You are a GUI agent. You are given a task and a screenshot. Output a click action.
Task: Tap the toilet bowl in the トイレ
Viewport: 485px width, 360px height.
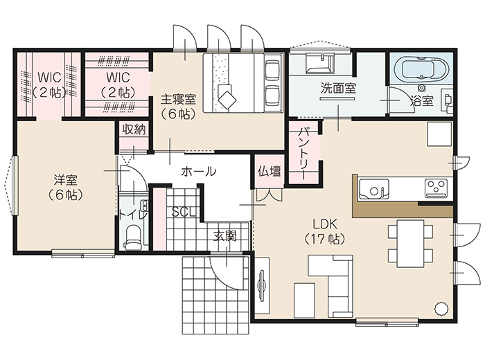pos(133,237)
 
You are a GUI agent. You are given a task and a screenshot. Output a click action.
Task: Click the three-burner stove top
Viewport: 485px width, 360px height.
pos(436,188)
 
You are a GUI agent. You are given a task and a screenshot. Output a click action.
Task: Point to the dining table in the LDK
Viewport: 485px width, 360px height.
pos(410,243)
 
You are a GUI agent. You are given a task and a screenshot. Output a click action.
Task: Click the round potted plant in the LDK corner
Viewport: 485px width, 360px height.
pos(441,308)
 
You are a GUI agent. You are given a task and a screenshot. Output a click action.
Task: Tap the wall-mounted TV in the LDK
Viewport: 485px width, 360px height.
pos(262,285)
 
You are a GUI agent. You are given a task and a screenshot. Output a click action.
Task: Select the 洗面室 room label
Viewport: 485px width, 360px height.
pos(338,89)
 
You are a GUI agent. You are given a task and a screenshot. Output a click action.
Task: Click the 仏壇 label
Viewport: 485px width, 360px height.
pos(270,171)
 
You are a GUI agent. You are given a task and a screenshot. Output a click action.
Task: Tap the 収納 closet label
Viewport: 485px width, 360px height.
pos(134,129)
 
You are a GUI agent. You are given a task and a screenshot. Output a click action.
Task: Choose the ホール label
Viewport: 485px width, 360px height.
pos(199,171)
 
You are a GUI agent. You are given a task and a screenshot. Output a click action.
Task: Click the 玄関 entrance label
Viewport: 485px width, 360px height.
pos(225,236)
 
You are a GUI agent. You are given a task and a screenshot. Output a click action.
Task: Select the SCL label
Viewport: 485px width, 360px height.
pos(184,212)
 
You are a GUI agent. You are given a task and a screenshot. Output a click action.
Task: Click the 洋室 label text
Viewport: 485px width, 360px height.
pos(66,180)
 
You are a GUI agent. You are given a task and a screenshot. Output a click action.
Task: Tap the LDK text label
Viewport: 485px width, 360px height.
pos(324,224)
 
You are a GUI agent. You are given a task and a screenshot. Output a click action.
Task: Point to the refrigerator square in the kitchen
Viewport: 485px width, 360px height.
pos(439,134)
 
